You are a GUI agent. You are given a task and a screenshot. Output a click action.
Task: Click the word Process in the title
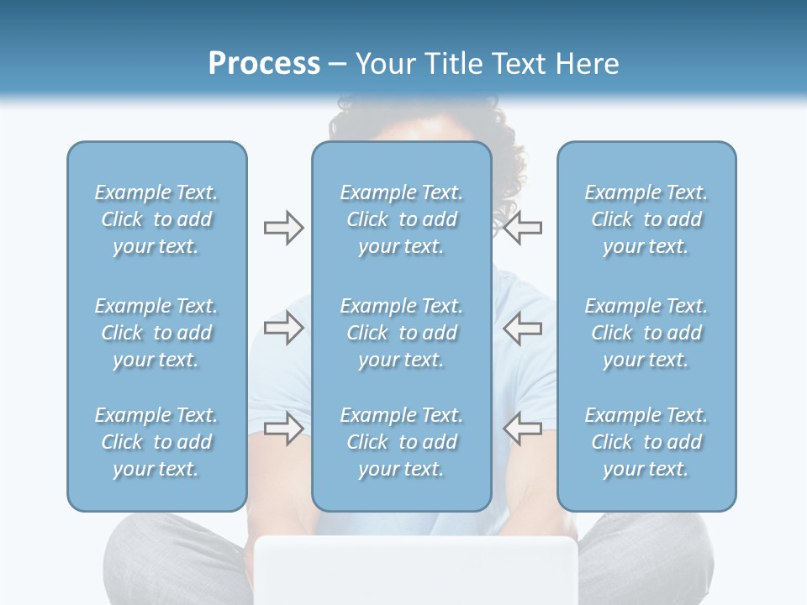(x=264, y=63)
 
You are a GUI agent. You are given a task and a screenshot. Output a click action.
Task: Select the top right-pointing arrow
(x=283, y=227)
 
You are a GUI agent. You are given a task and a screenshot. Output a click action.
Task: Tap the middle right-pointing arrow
(x=283, y=329)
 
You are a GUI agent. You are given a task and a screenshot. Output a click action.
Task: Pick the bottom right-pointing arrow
(x=283, y=429)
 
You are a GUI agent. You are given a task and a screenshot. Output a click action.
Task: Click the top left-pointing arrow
(x=523, y=227)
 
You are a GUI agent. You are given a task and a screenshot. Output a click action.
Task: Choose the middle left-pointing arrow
(x=523, y=329)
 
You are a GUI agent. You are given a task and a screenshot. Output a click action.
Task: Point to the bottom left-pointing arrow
(x=523, y=429)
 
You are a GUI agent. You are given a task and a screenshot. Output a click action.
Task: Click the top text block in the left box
(x=156, y=219)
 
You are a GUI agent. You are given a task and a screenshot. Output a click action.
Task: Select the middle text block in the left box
(x=156, y=333)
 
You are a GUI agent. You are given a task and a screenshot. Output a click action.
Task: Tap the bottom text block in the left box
(x=156, y=442)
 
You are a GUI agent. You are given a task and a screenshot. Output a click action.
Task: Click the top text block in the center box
(x=402, y=219)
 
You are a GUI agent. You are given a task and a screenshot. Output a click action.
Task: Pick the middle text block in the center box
(x=402, y=333)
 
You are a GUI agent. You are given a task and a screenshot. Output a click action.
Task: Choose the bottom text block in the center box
(x=402, y=442)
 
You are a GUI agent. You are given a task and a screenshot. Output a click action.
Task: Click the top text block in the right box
(x=646, y=219)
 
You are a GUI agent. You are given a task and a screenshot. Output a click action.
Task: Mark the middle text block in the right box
(x=646, y=333)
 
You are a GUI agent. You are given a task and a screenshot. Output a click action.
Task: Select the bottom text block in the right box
(x=646, y=442)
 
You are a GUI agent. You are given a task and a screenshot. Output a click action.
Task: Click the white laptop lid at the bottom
(x=416, y=571)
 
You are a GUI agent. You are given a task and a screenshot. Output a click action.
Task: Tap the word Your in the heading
(x=384, y=63)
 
